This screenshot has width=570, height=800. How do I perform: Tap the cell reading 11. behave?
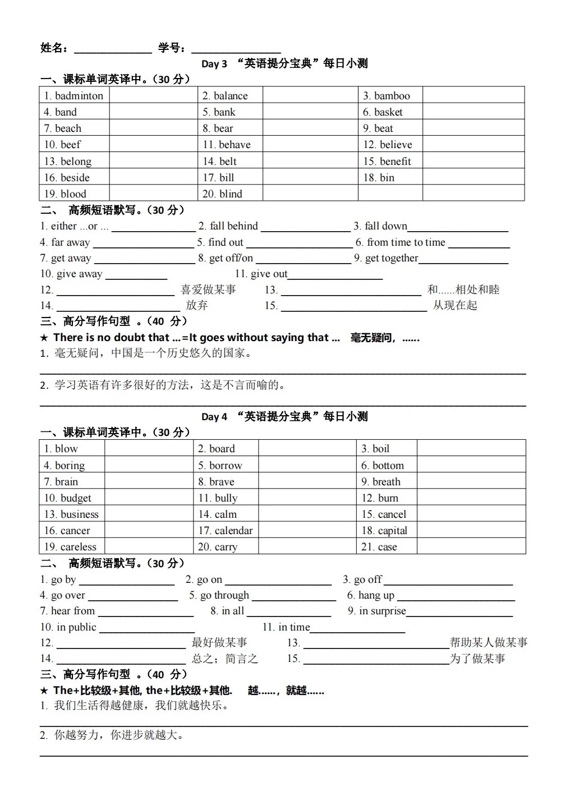(x=227, y=145)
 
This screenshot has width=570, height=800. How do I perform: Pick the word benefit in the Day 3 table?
(x=395, y=162)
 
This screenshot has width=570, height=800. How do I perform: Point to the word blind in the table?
(x=231, y=194)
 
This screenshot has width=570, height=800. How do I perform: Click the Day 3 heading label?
(x=214, y=64)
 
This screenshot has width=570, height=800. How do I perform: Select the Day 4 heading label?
(x=214, y=417)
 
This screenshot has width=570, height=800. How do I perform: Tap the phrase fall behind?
(x=233, y=226)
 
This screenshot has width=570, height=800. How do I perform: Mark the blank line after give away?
(x=136, y=277)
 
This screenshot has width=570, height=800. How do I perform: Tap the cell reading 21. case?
(x=379, y=547)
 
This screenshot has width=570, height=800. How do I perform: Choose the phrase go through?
(x=224, y=595)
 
